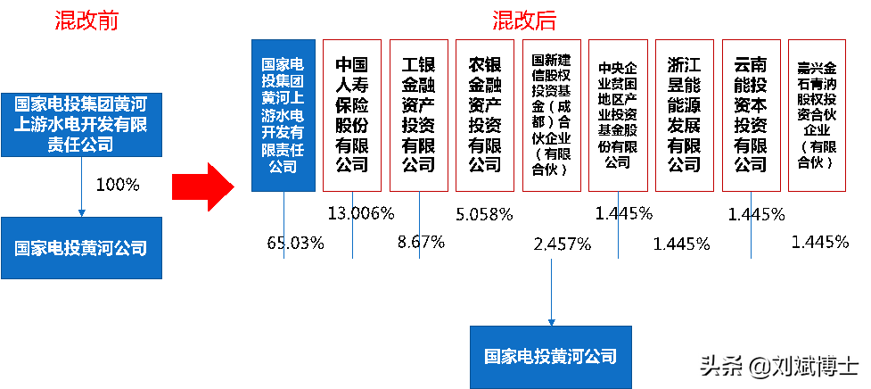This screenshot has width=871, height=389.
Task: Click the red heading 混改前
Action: click(x=86, y=21)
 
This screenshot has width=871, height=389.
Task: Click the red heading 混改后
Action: click(x=524, y=21)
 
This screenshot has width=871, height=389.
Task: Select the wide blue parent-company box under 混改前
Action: click(x=81, y=124)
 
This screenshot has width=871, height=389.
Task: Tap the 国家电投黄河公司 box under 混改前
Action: click(x=81, y=248)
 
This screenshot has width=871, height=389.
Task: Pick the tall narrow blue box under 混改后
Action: click(x=283, y=115)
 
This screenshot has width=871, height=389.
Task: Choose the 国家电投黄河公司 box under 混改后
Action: click(x=550, y=356)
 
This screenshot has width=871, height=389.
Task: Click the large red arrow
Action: click(x=202, y=187)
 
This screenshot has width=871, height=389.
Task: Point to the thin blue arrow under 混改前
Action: click(x=81, y=187)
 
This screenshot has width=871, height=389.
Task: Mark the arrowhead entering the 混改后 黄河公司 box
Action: click(x=552, y=321)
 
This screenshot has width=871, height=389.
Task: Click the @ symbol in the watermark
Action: click(x=758, y=364)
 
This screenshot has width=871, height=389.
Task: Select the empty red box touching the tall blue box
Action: click(x=351, y=115)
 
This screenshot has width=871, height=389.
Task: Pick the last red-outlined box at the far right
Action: click(x=817, y=115)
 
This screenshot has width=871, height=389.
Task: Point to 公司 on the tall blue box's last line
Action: click(x=283, y=166)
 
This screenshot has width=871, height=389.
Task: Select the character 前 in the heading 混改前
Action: click(x=108, y=21)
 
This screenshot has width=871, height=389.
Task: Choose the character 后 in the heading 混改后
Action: click(x=546, y=21)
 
